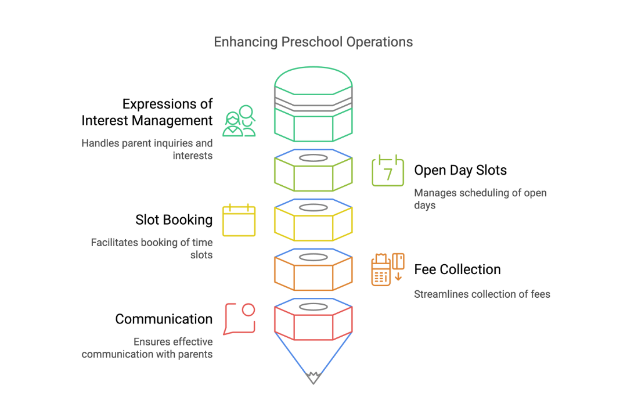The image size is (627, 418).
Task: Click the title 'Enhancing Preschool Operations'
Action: (x=313, y=42)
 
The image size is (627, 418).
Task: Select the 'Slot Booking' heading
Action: (x=174, y=220)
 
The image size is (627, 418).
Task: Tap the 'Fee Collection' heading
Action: (x=457, y=269)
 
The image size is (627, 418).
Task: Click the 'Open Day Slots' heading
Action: (x=460, y=170)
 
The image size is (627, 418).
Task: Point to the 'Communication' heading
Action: (x=164, y=319)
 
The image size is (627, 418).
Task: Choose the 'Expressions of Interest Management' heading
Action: (x=147, y=112)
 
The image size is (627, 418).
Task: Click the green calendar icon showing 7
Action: (x=388, y=170)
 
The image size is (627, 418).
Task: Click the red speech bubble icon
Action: (x=239, y=319)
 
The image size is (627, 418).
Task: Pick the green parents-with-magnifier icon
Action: (x=239, y=121)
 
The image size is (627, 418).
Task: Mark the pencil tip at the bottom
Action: (x=313, y=377)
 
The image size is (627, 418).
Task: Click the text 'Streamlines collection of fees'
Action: (x=482, y=294)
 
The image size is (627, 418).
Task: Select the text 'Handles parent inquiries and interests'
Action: (x=147, y=149)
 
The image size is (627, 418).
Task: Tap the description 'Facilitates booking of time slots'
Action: (x=152, y=248)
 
